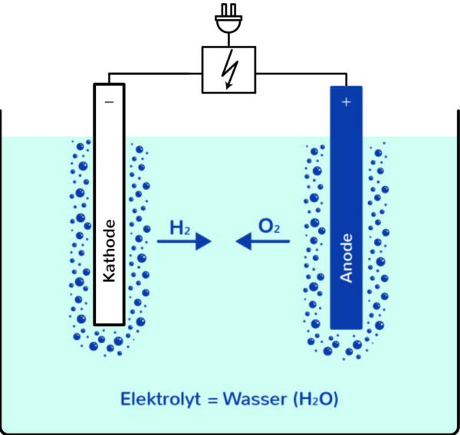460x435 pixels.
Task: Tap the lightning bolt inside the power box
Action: click(x=228, y=70)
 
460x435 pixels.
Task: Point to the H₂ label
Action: click(x=181, y=227)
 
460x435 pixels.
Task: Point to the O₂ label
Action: click(x=268, y=227)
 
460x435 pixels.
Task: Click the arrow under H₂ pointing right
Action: click(x=184, y=242)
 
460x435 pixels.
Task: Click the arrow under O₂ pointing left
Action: click(x=262, y=242)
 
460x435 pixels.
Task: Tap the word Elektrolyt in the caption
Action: click(x=156, y=399)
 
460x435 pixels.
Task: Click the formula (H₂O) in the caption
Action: click(x=313, y=399)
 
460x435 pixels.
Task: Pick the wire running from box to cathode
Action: click(x=153, y=74)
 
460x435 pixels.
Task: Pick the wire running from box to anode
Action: click(x=303, y=74)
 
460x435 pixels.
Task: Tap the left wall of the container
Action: click(x=2, y=268)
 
